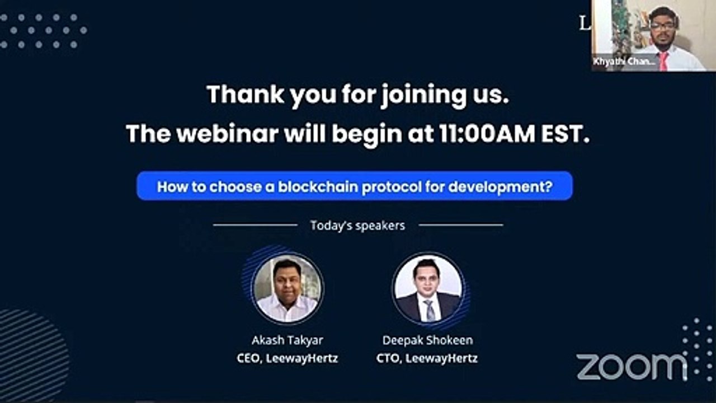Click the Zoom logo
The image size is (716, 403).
coord(631,367)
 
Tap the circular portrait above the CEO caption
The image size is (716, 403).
coord(287,288)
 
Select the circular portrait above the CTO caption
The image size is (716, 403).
coord(428,288)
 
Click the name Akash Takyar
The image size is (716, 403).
coord(287,340)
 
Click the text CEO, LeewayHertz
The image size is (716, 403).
coord(287,358)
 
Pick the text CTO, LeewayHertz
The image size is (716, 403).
coord(427,358)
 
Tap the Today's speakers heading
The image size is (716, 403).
coord(357,226)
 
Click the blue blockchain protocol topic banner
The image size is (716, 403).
coord(355,186)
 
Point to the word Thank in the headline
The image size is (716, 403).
coord(244,95)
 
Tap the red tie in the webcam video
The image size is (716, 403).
coord(663,60)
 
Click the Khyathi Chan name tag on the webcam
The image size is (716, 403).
coord(624,62)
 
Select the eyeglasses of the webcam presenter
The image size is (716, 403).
coord(663,25)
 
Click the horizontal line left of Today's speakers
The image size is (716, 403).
coord(255,225)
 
